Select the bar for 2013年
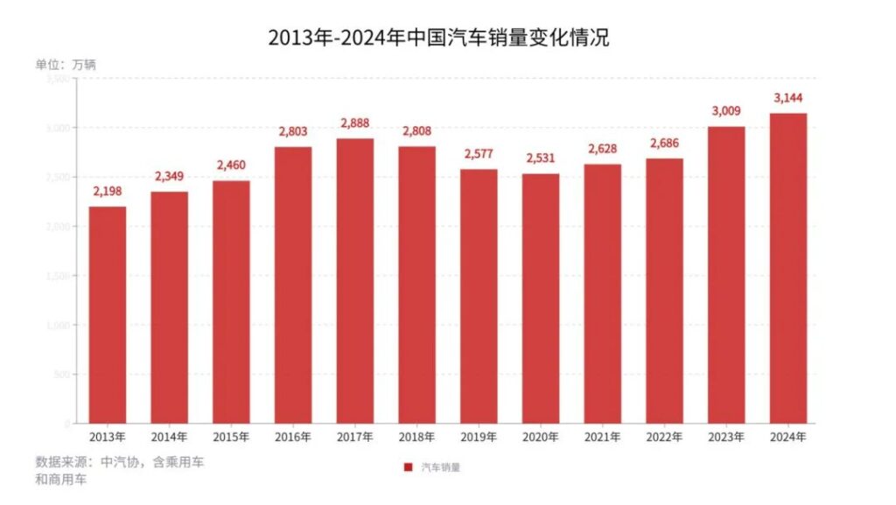(x=107, y=315)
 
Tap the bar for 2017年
(x=354, y=281)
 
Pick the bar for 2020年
(x=541, y=298)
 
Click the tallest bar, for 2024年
(x=788, y=268)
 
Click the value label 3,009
(x=726, y=112)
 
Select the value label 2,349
(x=169, y=178)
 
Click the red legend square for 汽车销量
(x=408, y=467)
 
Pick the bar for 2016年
(x=293, y=285)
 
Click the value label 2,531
(x=541, y=160)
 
